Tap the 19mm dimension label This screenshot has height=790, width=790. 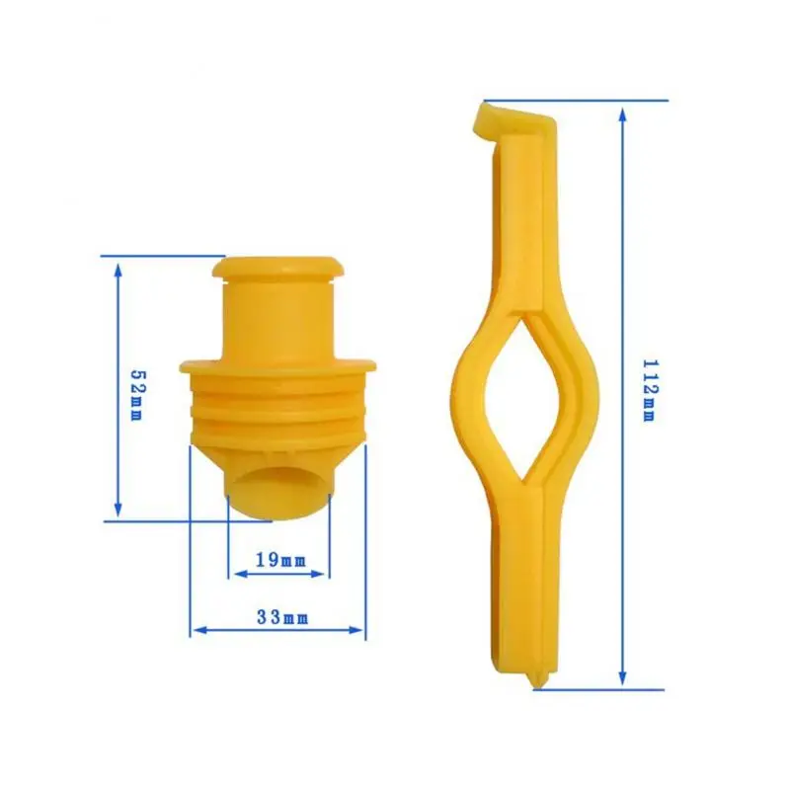pos(280,560)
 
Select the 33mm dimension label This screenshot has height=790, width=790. pos(282,618)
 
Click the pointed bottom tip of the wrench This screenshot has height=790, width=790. pos(534,680)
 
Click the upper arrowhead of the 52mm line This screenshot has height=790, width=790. pos(118,268)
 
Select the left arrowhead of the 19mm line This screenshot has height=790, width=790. pos(234,571)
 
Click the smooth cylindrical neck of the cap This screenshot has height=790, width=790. pos(277,316)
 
